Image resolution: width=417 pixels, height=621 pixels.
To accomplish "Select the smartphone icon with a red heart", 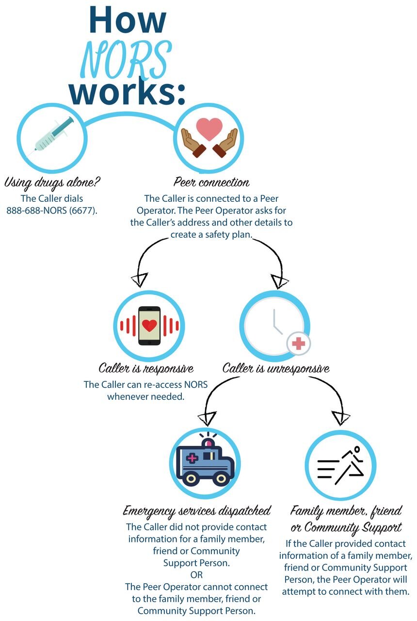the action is (x=149, y=326).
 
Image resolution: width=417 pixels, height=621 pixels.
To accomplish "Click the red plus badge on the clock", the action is (x=298, y=344).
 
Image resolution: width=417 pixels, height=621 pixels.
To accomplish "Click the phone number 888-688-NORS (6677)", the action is (x=52, y=211).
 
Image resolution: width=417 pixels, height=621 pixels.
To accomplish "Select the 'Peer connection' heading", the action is (x=211, y=182).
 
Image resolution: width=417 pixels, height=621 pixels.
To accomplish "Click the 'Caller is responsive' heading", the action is (x=146, y=368).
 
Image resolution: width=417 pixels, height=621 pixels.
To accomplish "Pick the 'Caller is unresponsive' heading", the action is (x=276, y=368).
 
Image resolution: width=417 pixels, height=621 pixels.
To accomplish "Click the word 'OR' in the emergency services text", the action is (x=196, y=575).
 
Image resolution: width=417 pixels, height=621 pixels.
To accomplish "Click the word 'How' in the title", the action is (x=128, y=20).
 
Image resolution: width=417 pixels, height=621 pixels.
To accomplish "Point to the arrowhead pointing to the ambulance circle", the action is (x=207, y=418).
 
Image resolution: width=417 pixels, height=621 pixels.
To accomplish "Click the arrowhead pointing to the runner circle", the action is (x=340, y=418).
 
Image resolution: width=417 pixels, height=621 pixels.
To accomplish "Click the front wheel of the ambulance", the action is (x=221, y=478).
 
